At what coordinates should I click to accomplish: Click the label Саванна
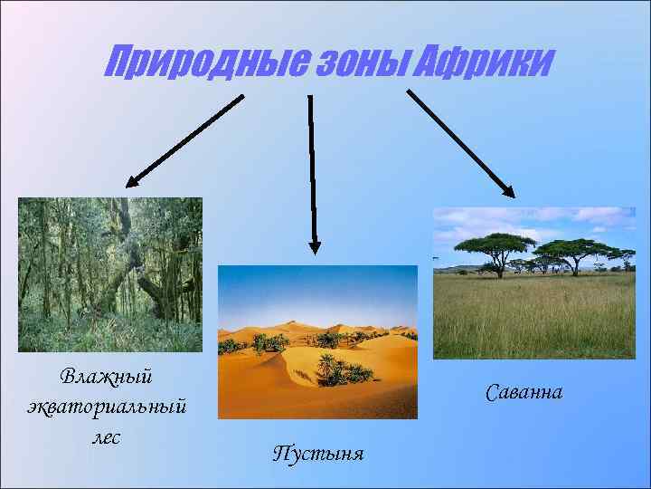[x=524, y=392]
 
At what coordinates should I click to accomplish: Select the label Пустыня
[x=318, y=453]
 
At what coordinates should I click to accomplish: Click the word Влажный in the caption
[x=107, y=374]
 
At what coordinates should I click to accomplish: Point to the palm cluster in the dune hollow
[x=339, y=369]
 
